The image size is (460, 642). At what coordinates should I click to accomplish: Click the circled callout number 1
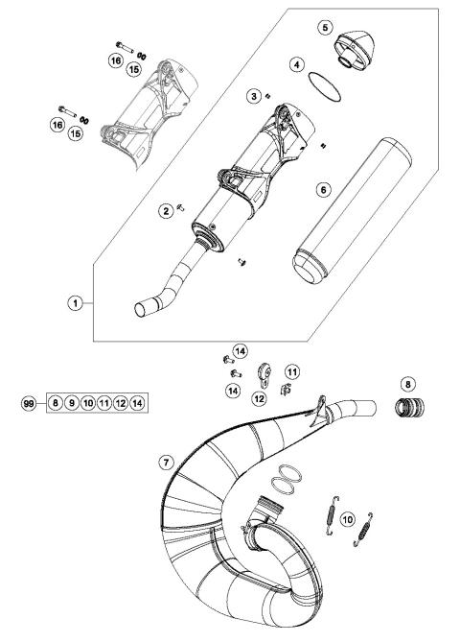point(73,303)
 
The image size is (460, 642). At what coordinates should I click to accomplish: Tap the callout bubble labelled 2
point(166,211)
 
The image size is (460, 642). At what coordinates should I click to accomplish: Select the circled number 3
point(253,96)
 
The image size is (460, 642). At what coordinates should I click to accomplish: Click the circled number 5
point(327,27)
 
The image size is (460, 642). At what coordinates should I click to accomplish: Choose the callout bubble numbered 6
point(324,190)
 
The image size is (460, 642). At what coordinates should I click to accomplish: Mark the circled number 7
point(166,463)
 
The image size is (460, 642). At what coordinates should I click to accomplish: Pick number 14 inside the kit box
point(139,404)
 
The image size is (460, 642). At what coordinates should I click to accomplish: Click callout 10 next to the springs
point(374,518)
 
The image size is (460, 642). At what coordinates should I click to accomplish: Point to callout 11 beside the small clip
point(291,370)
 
